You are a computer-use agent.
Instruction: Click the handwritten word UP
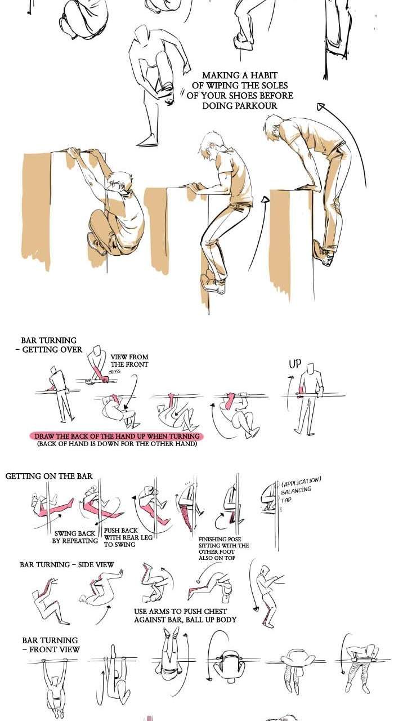[295, 364]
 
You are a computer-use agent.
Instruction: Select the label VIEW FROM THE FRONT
[129, 360]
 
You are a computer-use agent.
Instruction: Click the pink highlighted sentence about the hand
[117, 436]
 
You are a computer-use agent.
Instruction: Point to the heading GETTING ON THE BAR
[49, 476]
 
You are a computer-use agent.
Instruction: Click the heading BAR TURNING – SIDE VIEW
[66, 564]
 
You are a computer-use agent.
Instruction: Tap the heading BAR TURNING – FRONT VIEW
[51, 645]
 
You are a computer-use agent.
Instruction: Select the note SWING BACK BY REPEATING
[75, 537]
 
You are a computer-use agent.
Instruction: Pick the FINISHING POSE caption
[223, 549]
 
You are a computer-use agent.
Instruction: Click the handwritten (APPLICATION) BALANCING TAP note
[301, 489]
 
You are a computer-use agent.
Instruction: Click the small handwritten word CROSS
[114, 372]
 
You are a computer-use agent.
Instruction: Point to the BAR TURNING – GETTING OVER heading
[49, 345]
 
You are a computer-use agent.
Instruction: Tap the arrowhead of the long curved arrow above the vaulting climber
[321, 107]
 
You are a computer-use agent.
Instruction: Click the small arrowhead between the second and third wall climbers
[265, 200]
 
